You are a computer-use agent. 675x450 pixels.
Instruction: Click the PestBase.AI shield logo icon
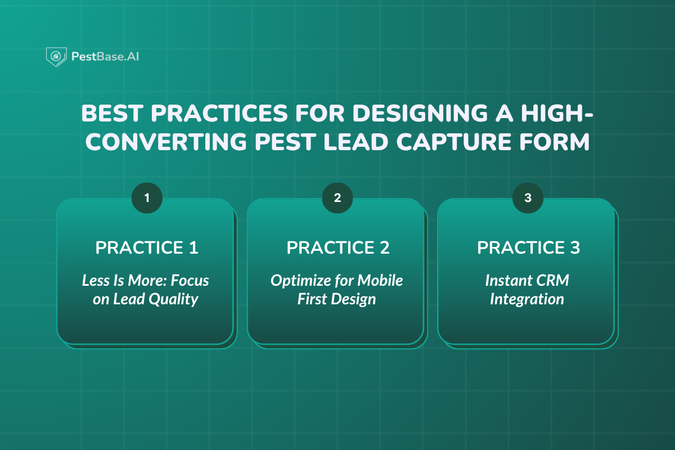(56, 57)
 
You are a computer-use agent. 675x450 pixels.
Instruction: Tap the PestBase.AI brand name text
(105, 57)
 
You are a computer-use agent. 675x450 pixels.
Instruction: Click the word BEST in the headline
(112, 113)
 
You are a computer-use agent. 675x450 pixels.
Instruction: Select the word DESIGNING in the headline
(420, 113)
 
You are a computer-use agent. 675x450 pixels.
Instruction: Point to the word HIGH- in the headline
(557, 113)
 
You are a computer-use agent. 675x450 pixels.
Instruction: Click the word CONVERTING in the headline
(166, 142)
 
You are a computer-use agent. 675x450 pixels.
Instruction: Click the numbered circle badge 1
(147, 198)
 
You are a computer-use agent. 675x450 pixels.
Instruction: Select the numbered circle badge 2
(337, 198)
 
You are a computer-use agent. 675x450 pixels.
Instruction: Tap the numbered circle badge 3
(528, 198)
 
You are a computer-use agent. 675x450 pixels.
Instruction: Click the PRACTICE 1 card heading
(147, 247)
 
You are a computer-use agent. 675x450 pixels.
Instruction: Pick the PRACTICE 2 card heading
(338, 247)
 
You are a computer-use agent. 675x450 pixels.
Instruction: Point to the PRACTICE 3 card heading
(528, 247)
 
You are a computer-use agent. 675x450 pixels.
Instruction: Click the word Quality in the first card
(173, 300)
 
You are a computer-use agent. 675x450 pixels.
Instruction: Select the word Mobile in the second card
(380, 280)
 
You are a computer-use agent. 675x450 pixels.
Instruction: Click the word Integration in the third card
(527, 300)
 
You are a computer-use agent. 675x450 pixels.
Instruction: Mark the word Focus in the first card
(190, 280)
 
